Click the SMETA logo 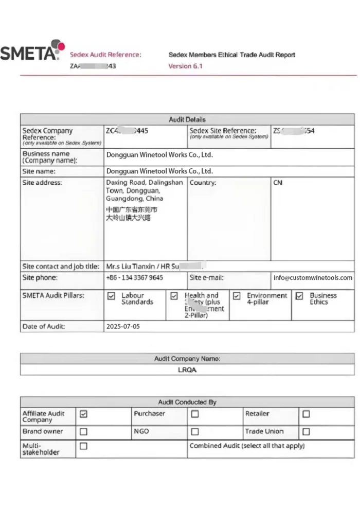click(32, 51)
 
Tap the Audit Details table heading click(187, 119)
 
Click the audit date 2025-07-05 click(122, 326)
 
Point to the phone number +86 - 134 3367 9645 click(134, 278)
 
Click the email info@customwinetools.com click(313, 278)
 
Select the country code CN click(278, 183)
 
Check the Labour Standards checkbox click(111, 296)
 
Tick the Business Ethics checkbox click(299, 296)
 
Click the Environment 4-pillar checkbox click(237, 296)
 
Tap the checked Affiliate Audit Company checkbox click(83, 414)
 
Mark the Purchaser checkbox click(195, 414)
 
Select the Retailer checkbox click(306, 414)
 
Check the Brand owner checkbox click(83, 432)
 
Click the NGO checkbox click(195, 432)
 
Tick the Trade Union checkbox click(306, 432)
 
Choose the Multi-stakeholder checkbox click(83, 446)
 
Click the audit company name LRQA click(187, 370)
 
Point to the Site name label click(39, 171)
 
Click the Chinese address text click(132, 214)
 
